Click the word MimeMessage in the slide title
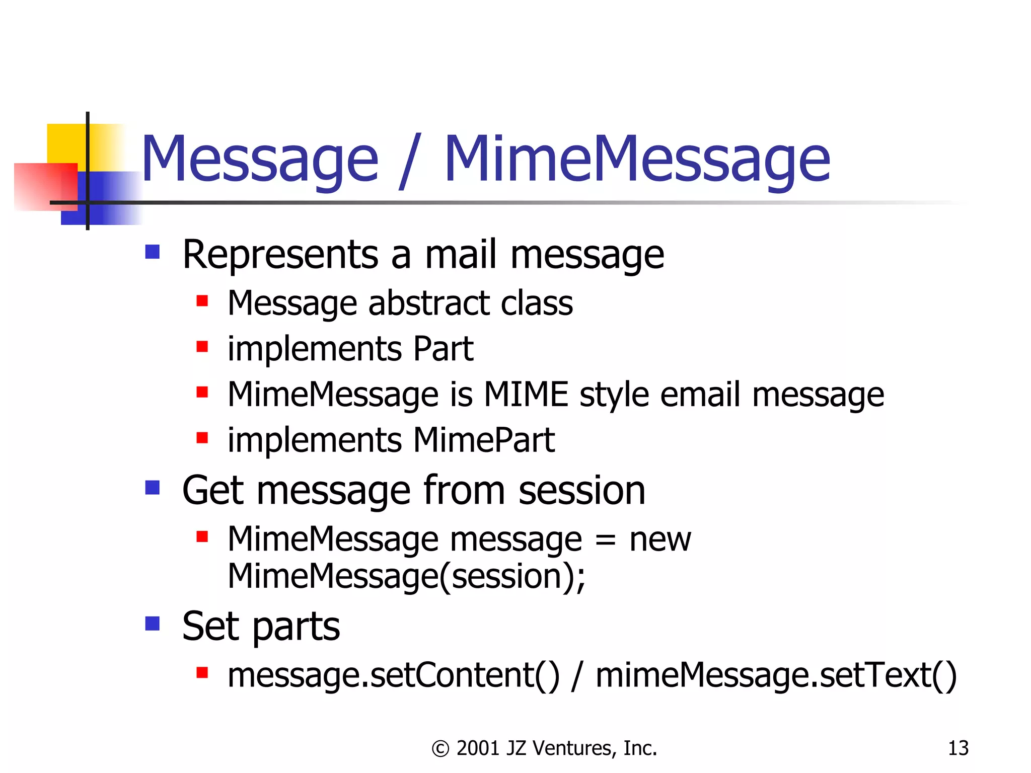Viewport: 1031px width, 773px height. (637, 160)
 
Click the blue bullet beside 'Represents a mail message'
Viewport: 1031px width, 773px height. (152, 252)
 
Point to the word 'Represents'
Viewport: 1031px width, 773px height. (280, 256)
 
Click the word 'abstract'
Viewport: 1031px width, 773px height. (428, 303)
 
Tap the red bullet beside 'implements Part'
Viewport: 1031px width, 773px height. (202, 347)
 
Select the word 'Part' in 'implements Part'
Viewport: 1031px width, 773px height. (443, 349)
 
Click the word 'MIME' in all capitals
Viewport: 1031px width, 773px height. (526, 394)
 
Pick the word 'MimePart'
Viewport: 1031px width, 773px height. (484, 440)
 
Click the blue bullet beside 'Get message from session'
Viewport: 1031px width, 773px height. (152, 488)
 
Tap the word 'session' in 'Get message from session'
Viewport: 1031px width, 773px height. (581, 491)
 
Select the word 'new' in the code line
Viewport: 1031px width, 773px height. (660, 540)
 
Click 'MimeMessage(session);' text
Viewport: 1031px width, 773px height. (406, 576)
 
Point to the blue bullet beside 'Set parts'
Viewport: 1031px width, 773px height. (152, 624)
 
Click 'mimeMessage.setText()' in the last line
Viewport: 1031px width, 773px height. (776, 676)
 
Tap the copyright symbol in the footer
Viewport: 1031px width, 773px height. (440, 749)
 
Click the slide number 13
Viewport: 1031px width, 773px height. (958, 748)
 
